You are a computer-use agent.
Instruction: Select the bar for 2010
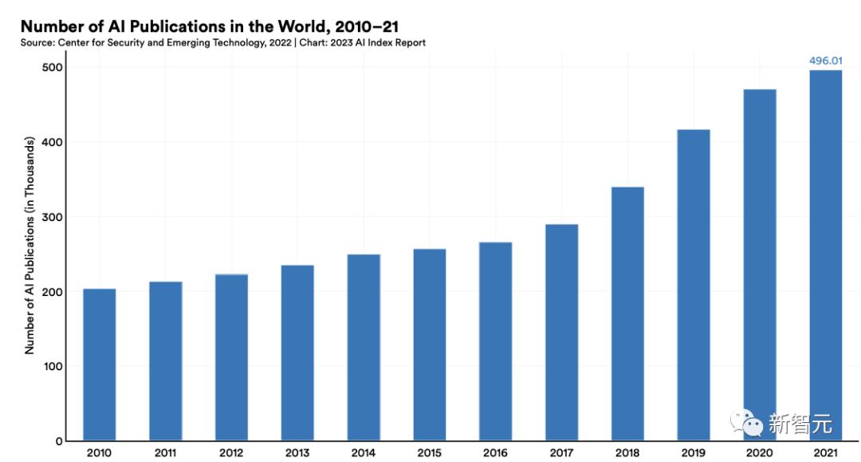coord(99,365)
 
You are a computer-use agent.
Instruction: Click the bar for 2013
coord(297,353)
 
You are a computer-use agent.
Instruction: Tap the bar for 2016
coord(495,341)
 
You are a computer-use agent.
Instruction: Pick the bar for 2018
coord(627,314)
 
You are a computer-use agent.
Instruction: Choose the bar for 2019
coord(694,285)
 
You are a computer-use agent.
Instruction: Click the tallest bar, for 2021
coord(825,255)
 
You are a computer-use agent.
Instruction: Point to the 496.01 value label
coord(825,61)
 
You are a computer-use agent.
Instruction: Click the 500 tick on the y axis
coord(53,68)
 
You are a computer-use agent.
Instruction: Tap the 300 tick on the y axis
coord(53,217)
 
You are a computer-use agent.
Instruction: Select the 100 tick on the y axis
coord(53,366)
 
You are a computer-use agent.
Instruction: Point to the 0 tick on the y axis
coord(59,441)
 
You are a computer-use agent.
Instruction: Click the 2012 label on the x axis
coord(231,453)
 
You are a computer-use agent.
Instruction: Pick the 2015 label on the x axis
coord(429,453)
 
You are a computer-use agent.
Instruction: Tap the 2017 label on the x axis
coord(561,453)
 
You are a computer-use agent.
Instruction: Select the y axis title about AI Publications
coord(30,246)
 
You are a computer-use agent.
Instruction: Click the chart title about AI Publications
coord(209,26)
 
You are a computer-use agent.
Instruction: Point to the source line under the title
coord(223,42)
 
